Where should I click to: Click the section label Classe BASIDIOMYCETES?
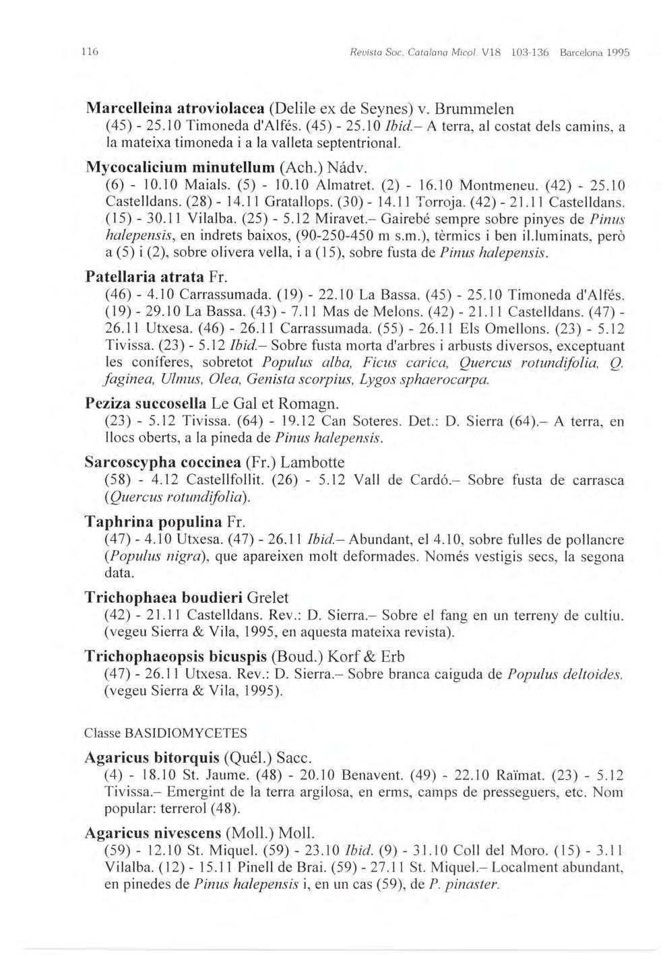[166, 733]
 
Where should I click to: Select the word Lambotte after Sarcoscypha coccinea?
[312, 463]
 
